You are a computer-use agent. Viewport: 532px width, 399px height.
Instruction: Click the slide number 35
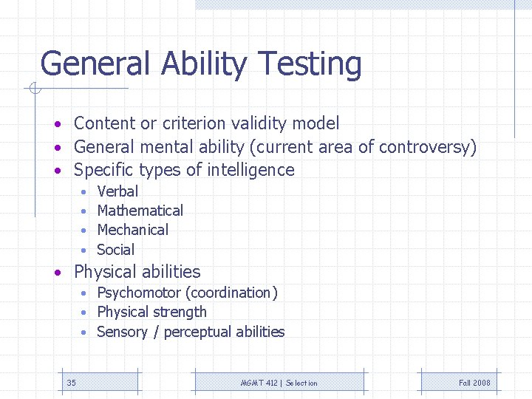71,383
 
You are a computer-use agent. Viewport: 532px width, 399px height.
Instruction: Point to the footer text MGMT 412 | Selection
279,383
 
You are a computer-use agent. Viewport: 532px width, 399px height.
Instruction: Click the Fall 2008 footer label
474,383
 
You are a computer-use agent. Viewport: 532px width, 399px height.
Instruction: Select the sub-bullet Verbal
117,191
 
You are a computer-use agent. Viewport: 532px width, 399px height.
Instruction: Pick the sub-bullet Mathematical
140,211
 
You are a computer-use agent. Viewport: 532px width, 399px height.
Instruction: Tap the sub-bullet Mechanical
132,230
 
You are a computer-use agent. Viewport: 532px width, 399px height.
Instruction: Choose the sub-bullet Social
115,250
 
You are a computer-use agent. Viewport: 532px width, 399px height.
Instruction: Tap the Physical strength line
151,313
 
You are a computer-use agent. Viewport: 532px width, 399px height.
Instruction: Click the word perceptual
199,332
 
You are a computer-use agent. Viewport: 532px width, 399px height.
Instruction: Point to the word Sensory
122,332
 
